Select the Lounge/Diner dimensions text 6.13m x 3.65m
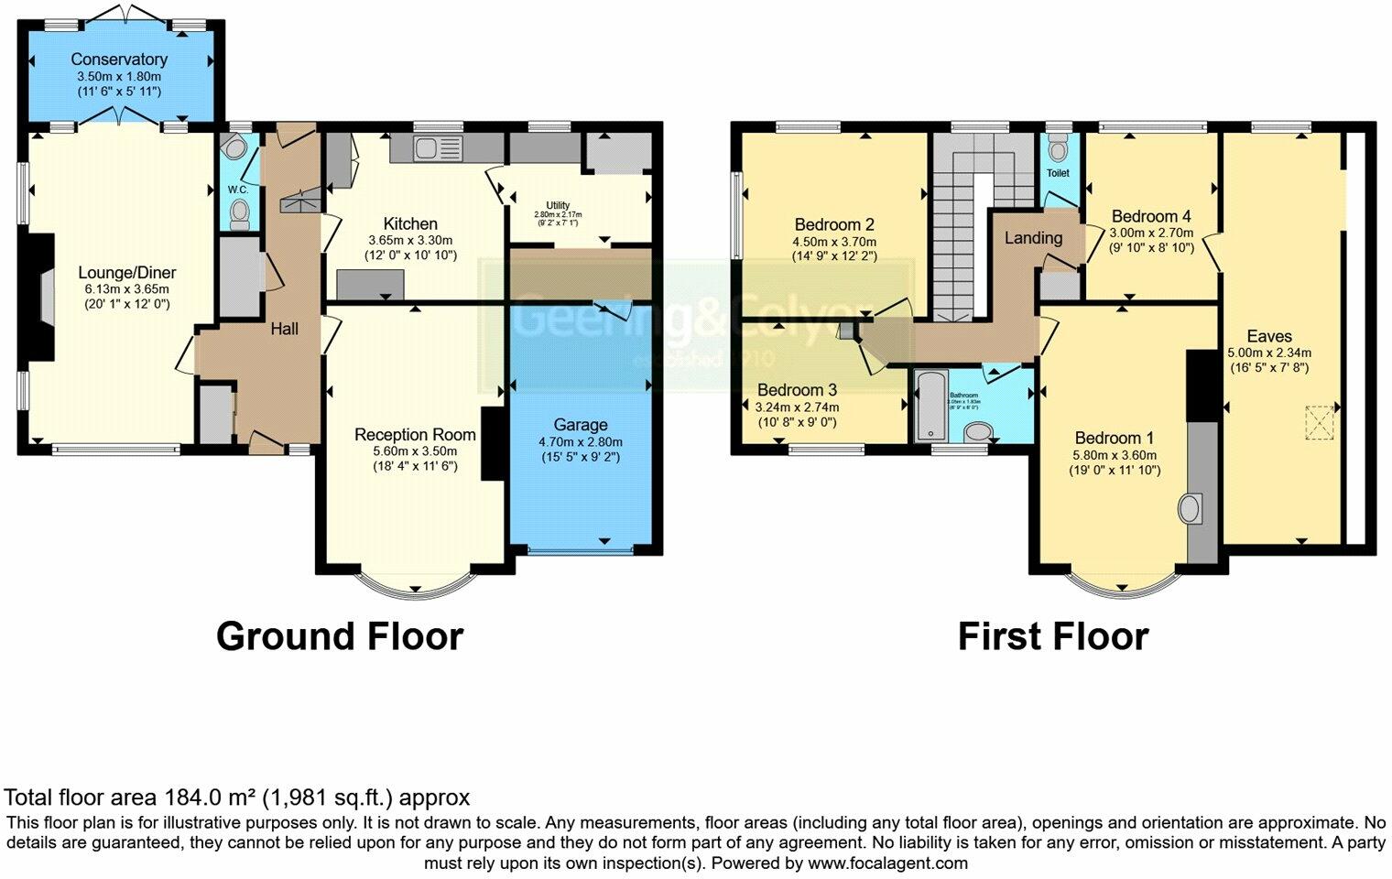126,288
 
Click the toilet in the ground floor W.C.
240,214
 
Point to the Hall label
284,329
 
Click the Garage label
580,425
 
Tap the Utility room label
558,205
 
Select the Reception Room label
415,435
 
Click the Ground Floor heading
339,636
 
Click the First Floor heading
1052,636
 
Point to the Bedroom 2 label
834,224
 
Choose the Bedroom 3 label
797,390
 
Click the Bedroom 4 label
1151,217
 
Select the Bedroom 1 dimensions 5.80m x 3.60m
1115,455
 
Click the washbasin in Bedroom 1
1191,508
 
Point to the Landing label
1033,238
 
